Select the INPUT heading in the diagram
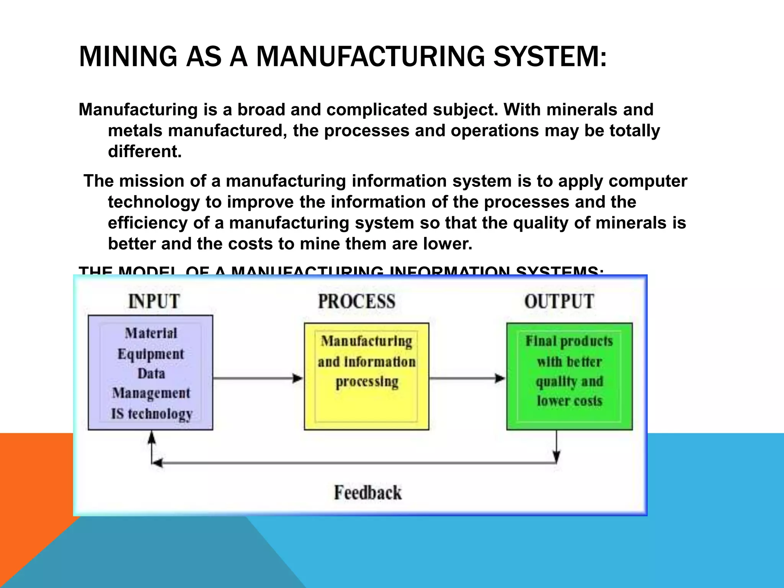(154, 301)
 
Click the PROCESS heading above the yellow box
(356, 301)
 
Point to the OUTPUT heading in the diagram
(559, 301)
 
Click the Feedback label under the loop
(368, 492)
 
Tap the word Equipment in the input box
(151, 354)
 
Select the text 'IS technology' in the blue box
(152, 414)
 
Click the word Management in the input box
(151, 393)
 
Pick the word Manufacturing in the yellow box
(366, 341)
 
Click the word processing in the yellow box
(367, 382)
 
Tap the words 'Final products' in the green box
(569, 341)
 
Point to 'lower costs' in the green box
(569, 401)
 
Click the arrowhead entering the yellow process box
(297, 378)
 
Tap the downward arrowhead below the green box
(557, 456)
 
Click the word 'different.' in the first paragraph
(145, 152)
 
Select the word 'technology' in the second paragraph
(154, 202)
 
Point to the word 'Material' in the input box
(151, 333)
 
